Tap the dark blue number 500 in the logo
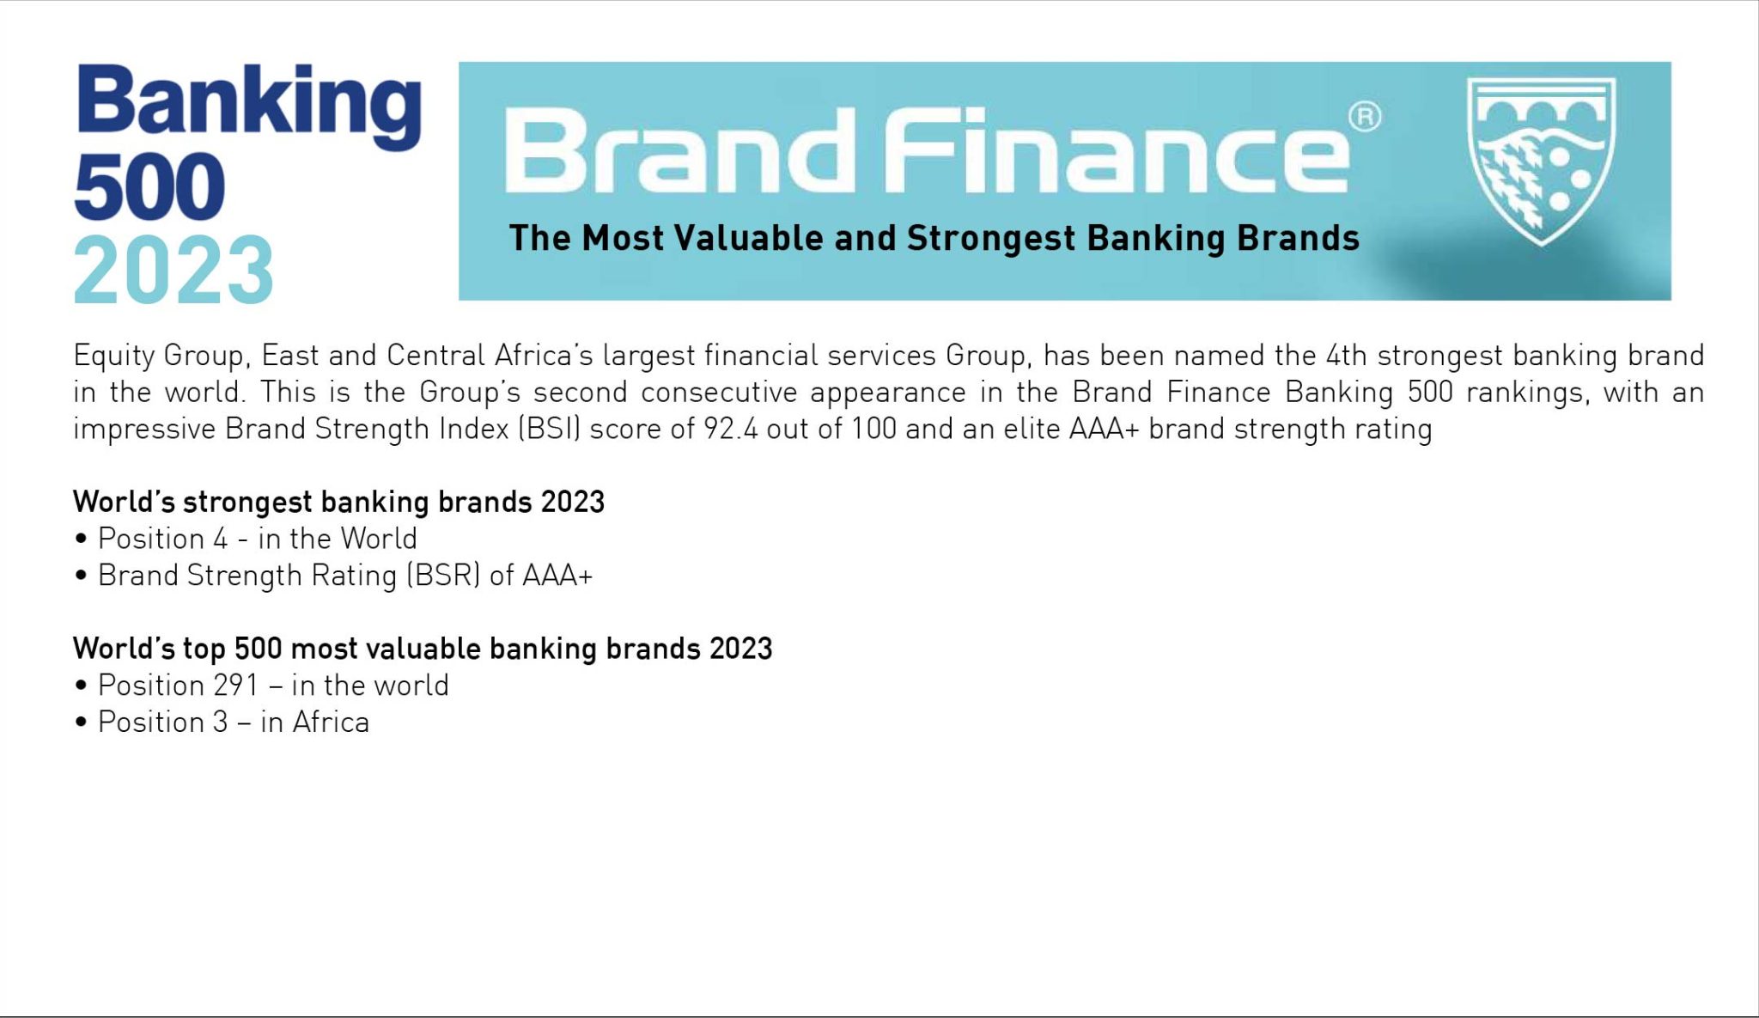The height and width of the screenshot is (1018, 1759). pos(149,186)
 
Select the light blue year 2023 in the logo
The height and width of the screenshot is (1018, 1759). pos(173,270)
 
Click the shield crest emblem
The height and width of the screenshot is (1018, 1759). pos(1541,160)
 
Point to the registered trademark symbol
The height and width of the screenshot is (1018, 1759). pos(1364,117)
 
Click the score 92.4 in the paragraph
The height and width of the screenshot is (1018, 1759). pos(730,429)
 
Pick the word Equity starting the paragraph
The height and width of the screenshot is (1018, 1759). pos(113,356)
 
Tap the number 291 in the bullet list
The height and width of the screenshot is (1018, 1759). pos(236,686)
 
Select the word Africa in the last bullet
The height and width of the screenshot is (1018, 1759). pos(331,722)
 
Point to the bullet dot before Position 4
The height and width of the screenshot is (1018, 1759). pos(82,539)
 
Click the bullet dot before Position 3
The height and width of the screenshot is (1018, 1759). pos(82,722)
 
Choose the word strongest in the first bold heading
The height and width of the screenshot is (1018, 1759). pos(247,503)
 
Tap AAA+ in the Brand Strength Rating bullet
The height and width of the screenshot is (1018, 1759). pos(557,576)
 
